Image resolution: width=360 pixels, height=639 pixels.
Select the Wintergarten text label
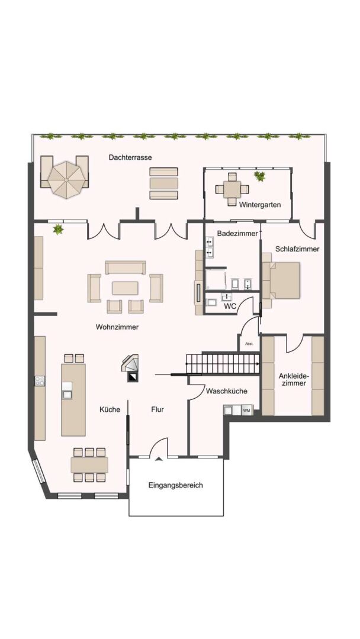coord(260,205)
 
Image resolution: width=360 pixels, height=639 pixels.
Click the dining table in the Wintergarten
coord(232,189)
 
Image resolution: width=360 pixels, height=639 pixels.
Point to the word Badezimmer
coord(237,234)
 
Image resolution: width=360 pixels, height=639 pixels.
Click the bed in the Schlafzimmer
coord(281,280)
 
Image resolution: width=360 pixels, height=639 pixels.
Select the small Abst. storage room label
coord(249,344)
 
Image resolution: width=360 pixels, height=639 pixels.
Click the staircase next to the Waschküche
coord(223,363)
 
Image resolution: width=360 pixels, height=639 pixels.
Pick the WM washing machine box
coord(247,410)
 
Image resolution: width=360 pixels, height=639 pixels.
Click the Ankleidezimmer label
coord(292,379)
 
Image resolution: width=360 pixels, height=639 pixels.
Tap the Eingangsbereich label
coord(175,485)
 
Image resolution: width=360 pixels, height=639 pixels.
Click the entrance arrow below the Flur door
coord(158,459)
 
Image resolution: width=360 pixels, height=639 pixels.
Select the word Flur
coord(157,409)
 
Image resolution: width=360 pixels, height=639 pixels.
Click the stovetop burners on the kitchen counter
coord(40,381)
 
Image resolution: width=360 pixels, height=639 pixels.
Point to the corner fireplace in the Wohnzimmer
coord(130,366)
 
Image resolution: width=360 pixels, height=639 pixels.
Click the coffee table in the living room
coord(125,288)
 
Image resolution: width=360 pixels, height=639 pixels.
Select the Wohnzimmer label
coord(117,327)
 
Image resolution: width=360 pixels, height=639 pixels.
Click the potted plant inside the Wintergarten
coord(259,176)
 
